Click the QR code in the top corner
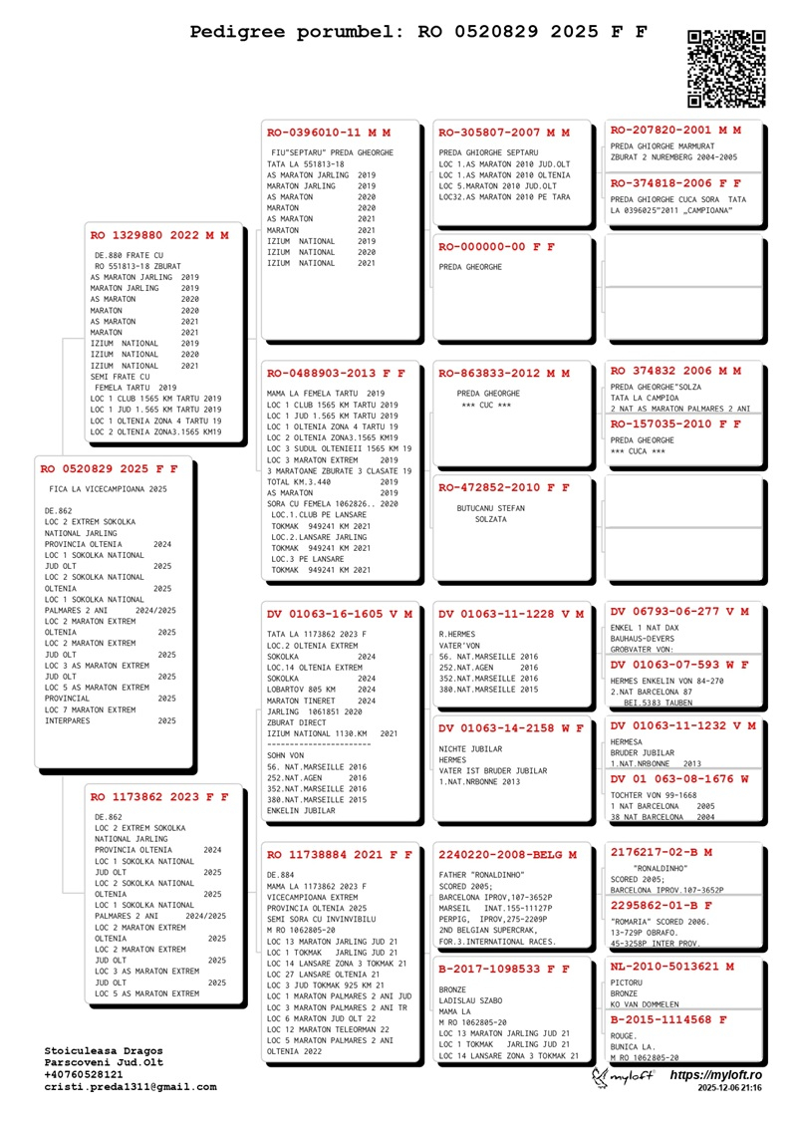pos(726,69)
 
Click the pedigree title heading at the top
pos(419,32)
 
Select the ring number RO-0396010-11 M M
pos(329,132)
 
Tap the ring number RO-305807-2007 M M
pos(504,132)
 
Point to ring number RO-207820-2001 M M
pos(675,130)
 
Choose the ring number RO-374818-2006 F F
pos(675,183)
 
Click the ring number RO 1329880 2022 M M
pos(159,236)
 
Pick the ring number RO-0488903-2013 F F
pos(336,373)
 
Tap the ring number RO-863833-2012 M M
pos(504,373)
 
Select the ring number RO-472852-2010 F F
pos(504,487)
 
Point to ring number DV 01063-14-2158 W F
pos(511,727)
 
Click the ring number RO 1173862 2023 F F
pos(159,797)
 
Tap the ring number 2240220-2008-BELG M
pos(507,854)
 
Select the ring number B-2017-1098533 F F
pos(504,968)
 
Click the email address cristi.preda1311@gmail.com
pos(131,1087)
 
